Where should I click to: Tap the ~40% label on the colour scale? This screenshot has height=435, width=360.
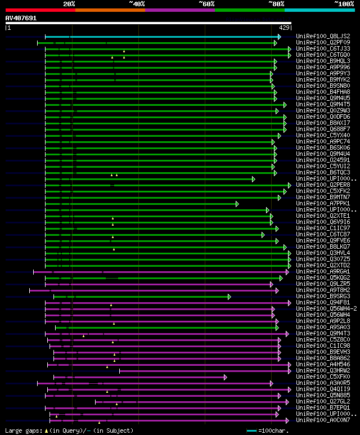pos(137,3)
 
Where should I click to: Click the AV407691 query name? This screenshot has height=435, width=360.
pos(21,18)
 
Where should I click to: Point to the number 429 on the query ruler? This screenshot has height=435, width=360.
pos(284,28)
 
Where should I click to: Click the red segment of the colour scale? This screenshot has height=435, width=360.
pos(40,10)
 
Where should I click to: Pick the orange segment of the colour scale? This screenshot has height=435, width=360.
pos(110,10)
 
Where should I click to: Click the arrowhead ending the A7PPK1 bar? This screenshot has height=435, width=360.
pos(237,204)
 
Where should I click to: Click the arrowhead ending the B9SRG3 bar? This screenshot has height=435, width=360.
pos(229,297)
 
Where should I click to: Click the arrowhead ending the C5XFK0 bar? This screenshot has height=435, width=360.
pos(225,377)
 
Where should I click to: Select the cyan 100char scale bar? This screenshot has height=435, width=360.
pos(252,430)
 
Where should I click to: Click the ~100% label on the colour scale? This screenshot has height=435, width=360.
pos(344,3)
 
